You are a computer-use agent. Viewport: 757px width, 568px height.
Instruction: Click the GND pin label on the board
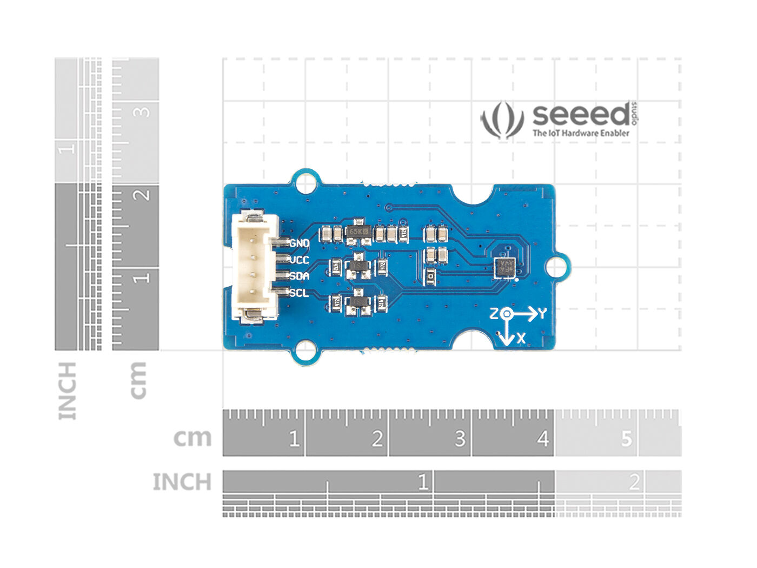[x=299, y=243]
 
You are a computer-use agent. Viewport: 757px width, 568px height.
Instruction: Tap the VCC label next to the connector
[x=299, y=260]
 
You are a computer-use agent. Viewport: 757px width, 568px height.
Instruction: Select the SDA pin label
[x=299, y=276]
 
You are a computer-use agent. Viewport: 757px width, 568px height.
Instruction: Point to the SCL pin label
[x=299, y=293]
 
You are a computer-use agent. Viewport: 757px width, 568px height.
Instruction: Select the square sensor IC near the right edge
[x=505, y=267]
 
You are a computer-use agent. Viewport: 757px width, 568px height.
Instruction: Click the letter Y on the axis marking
[x=542, y=313]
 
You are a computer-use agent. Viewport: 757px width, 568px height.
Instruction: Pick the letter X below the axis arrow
[x=521, y=339]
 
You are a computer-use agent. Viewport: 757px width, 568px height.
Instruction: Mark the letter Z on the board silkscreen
[x=494, y=313]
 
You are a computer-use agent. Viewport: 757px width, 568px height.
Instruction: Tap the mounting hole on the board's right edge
[x=556, y=267]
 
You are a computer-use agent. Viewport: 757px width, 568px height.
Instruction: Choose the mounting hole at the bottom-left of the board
[x=306, y=351]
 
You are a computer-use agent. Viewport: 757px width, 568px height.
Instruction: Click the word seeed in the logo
[x=581, y=115]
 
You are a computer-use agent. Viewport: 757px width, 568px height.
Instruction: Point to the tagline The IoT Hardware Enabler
[x=581, y=133]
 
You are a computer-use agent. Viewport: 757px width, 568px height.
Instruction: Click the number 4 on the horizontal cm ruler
[x=542, y=439]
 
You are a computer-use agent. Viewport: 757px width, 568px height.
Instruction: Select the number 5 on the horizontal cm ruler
[x=626, y=439]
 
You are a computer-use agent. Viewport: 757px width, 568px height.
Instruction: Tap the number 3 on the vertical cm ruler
[x=142, y=112]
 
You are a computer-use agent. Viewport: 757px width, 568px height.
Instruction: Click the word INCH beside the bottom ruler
[x=182, y=482]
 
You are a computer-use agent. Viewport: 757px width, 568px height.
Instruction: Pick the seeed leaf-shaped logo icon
[x=502, y=120]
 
